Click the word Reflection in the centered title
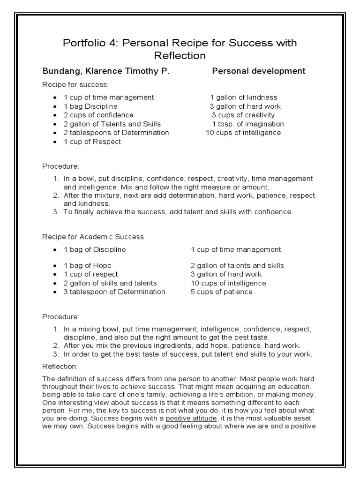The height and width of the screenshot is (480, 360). (x=180, y=56)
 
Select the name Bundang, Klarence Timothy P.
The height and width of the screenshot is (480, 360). (x=106, y=71)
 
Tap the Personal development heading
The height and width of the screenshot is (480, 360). (x=258, y=71)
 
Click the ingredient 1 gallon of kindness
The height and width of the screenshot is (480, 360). (x=243, y=97)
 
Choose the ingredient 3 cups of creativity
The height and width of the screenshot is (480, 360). (x=243, y=115)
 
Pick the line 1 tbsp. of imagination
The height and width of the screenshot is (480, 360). (x=248, y=124)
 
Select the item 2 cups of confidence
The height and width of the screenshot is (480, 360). (x=98, y=115)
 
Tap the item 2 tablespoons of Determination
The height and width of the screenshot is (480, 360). (x=116, y=133)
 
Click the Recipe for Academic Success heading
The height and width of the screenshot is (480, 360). (x=93, y=237)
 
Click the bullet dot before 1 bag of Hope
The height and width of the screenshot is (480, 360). (x=55, y=266)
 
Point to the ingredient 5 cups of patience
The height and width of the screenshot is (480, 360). (x=221, y=292)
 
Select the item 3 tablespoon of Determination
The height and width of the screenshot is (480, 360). (x=114, y=292)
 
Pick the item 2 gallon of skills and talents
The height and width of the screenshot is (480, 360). (x=110, y=283)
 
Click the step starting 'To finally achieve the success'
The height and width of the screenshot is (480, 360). (x=178, y=212)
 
